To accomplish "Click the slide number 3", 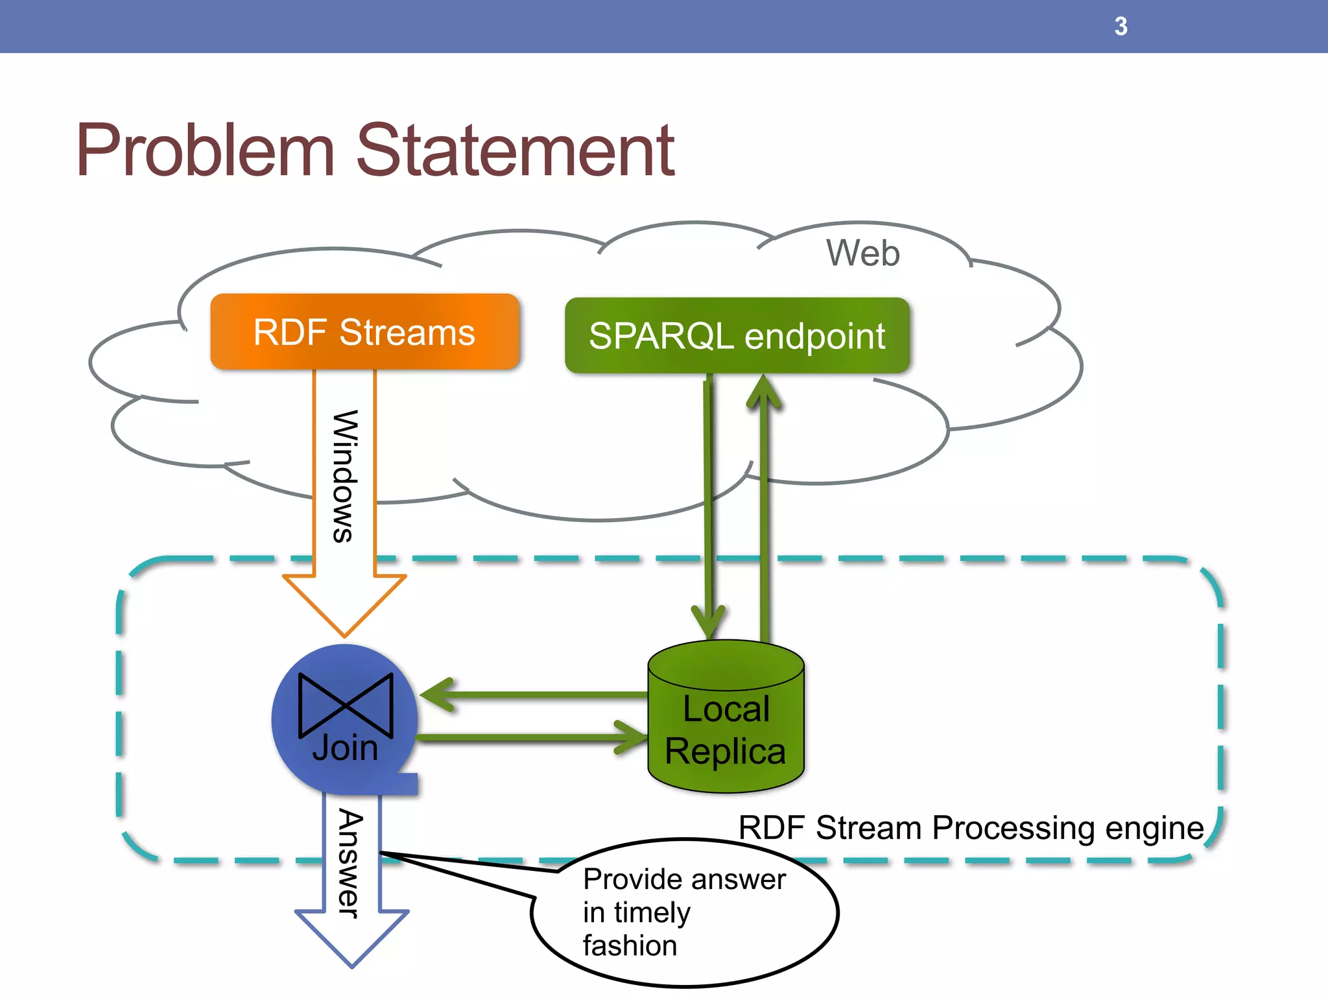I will pos(1120,27).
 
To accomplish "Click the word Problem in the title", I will pos(205,150).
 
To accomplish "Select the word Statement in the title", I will pos(516,150).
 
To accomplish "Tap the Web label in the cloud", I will pos(862,253).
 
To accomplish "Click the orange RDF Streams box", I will pos(364,332).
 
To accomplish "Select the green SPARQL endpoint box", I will pos(737,336).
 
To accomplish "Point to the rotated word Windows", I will pos(344,476).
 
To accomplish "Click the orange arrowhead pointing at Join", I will pos(344,603).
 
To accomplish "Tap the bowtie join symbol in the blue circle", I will pos(346,705).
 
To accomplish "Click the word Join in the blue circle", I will pos(345,748).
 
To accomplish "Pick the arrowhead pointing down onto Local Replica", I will pos(708,622).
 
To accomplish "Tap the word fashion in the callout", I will pos(630,945).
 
